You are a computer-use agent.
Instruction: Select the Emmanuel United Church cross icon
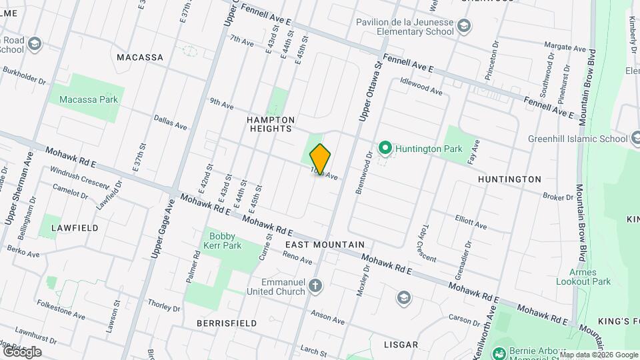pyautogui.click(x=316, y=287)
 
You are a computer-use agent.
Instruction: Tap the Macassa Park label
pyautogui.click(x=89, y=100)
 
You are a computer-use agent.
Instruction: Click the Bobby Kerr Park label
pyautogui.click(x=224, y=241)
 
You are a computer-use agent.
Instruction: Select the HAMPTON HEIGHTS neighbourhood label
pyautogui.click(x=271, y=124)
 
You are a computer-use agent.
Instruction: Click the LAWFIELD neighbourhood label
pyautogui.click(x=74, y=228)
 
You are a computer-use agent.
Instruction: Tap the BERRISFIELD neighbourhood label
pyautogui.click(x=227, y=323)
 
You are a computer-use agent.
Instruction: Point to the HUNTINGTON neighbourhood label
pyautogui.click(x=509, y=179)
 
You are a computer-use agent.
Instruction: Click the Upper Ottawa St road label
pyautogui.click(x=371, y=91)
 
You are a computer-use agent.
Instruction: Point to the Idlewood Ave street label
pyautogui.click(x=421, y=86)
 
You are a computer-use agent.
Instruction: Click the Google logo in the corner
pyautogui.click(x=22, y=351)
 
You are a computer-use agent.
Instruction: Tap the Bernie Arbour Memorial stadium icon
pyautogui.click(x=498, y=351)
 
